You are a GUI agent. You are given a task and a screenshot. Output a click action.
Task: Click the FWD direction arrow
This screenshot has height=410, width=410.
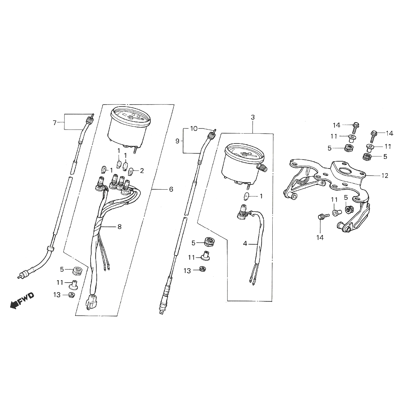tap(22, 300)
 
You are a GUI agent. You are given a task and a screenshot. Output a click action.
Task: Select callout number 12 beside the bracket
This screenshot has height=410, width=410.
tap(385, 176)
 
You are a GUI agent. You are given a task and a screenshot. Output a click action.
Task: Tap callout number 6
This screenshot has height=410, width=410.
tap(171, 189)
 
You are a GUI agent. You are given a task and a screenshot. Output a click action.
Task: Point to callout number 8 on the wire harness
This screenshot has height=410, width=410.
tap(120, 227)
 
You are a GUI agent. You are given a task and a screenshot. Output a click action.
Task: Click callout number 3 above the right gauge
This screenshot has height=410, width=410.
tap(252, 117)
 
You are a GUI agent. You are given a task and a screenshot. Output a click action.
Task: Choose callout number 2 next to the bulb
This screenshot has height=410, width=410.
tap(142, 170)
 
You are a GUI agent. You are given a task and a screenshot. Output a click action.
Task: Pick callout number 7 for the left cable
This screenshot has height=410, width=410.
tap(55, 123)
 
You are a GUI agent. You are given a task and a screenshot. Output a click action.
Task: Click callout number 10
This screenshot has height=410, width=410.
tap(194, 128)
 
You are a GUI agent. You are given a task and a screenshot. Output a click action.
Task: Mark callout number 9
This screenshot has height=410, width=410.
tap(177, 141)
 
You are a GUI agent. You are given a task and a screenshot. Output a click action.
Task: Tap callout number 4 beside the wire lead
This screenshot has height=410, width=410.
tap(245, 244)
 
